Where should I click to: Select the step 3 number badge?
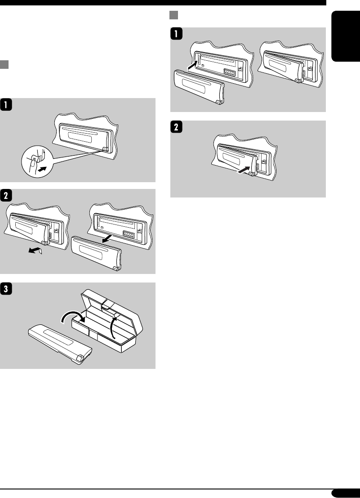click(6, 289)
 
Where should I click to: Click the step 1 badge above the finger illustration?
click(6, 104)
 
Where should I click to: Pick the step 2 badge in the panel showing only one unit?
click(176, 127)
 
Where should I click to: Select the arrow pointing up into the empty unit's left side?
click(191, 66)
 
